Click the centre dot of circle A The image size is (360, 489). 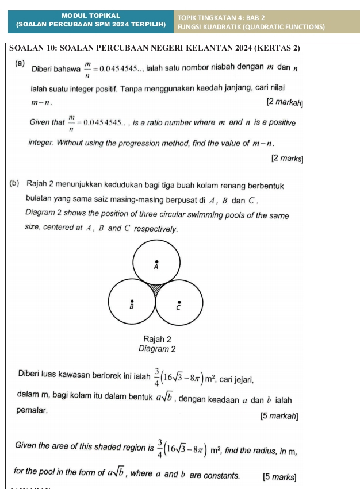pos(156,261)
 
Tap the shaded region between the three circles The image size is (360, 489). pos(155,288)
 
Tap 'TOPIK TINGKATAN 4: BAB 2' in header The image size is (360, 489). pos(221,17)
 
